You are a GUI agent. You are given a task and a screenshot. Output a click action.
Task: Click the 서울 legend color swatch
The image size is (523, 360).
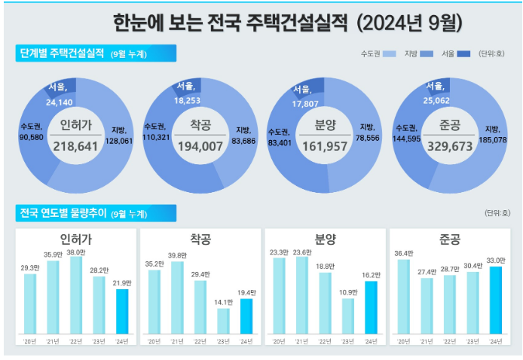[x=465, y=53]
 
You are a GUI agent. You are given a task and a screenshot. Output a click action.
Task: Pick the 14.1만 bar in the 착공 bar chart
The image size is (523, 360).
[x=223, y=321]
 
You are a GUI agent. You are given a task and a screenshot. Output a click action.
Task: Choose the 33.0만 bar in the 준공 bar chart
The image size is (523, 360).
[x=495, y=300]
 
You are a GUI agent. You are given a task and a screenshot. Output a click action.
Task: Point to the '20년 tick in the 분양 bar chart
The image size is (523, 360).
[x=278, y=341]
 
